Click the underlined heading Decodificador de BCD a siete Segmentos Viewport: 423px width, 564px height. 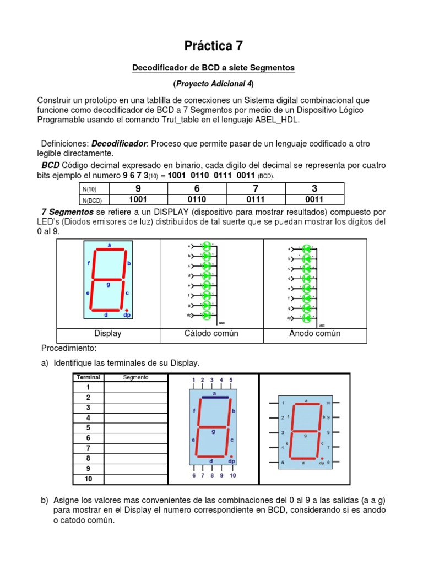(214, 68)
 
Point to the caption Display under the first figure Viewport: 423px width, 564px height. (108, 333)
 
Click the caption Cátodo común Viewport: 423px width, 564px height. (211, 333)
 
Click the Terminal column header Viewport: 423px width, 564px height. (88, 377)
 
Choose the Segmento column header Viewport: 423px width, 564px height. (135, 377)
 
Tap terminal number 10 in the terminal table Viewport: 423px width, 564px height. (88, 479)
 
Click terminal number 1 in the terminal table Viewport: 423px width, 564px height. (88, 388)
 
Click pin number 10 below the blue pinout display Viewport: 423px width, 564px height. (232, 475)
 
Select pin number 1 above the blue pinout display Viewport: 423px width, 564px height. (193, 379)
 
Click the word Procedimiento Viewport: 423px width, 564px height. (69, 349)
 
